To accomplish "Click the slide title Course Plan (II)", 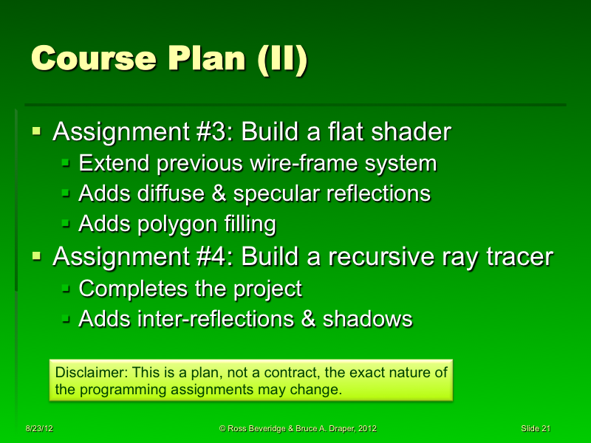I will (x=169, y=60).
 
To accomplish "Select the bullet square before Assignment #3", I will (x=37, y=132).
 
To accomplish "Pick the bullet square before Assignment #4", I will (x=37, y=257).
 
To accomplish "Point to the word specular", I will (x=280, y=193).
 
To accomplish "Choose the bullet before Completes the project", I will (x=66, y=289).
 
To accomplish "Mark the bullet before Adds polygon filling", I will (x=66, y=223).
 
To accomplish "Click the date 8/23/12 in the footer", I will (x=38, y=429).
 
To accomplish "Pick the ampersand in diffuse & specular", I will (x=219, y=193).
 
